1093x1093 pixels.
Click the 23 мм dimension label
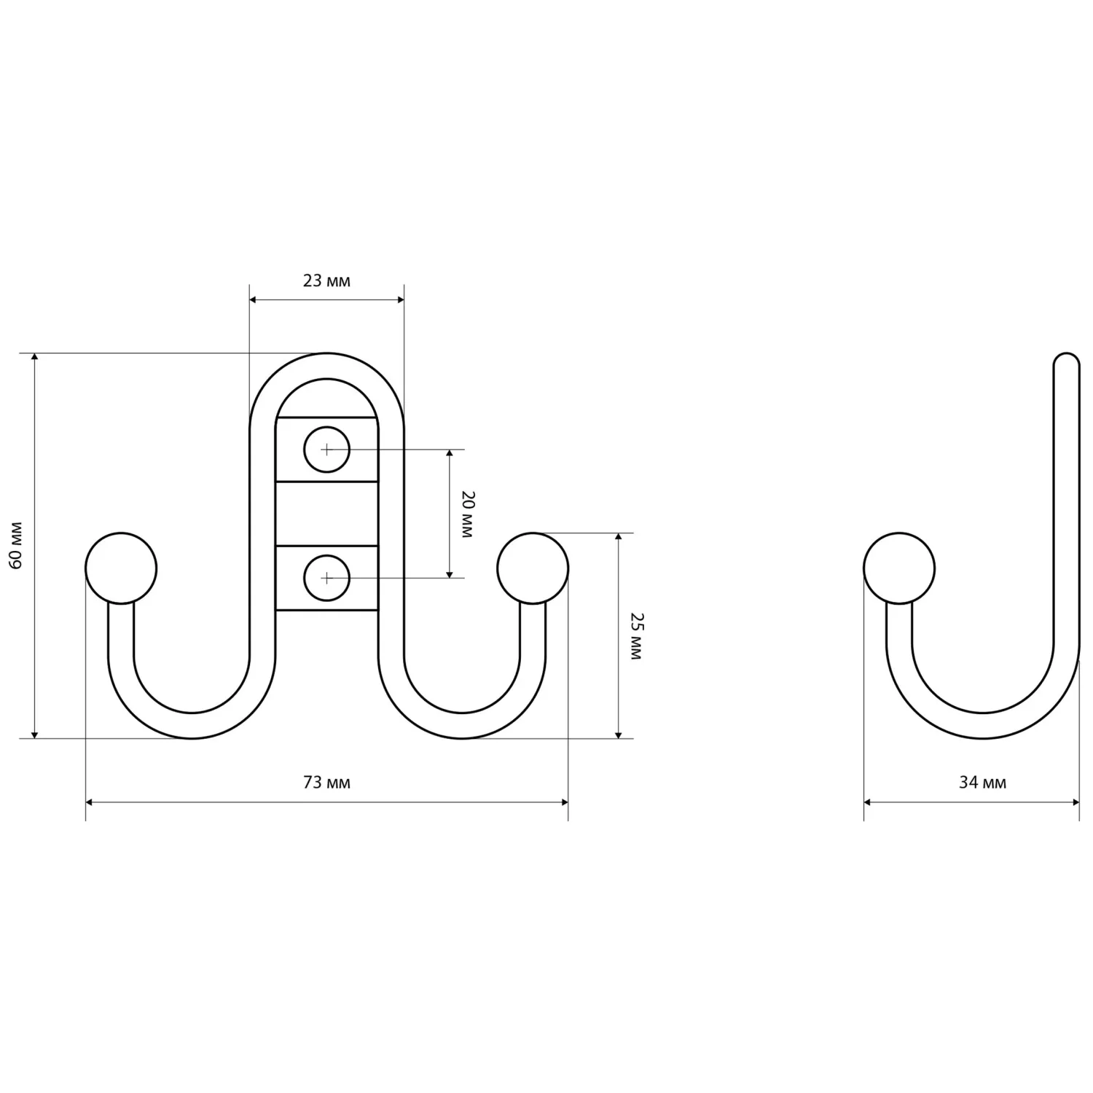click(326, 281)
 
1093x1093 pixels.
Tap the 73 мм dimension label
click(326, 783)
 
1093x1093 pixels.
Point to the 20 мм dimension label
click(467, 514)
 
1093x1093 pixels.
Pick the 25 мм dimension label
click(636, 636)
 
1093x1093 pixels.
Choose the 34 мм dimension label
click(982, 783)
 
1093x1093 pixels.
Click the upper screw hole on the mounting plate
click(327, 450)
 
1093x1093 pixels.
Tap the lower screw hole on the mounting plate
click(327, 578)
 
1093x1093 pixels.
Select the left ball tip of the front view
click(121, 568)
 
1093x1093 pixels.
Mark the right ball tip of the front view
click(533, 568)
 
